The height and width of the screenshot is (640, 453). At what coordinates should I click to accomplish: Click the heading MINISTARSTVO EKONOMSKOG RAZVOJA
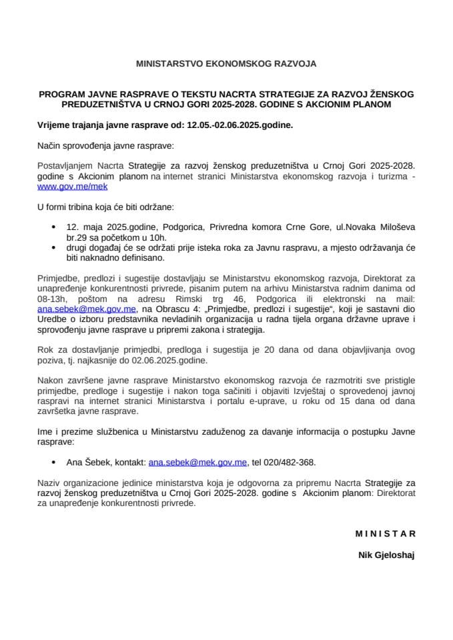[226, 65]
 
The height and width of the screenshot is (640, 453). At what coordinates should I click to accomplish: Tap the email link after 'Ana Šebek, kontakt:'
[198, 461]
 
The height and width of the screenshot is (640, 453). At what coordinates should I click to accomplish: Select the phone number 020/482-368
[294, 461]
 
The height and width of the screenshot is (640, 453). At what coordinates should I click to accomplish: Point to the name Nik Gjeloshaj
[387, 554]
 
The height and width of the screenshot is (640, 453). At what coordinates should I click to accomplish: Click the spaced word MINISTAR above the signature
[385, 533]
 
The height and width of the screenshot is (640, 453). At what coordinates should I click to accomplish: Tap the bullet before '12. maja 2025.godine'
[53, 227]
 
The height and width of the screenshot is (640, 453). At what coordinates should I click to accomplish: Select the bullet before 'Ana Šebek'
[53, 461]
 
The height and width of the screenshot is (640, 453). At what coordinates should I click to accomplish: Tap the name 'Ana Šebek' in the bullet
[86, 461]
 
